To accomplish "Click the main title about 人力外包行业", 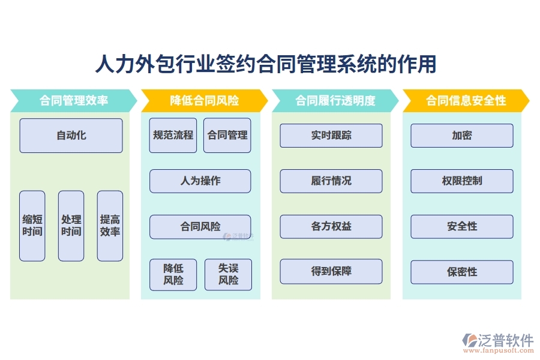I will [x=266, y=64].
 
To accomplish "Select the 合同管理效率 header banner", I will [x=73, y=101].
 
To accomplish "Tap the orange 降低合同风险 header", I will [x=204, y=101].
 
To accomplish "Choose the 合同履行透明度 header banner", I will [x=335, y=101].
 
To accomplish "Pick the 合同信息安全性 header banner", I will [x=466, y=101].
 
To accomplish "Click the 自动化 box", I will [x=71, y=136].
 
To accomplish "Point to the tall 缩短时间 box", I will [x=32, y=226].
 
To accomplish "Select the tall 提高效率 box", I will [x=110, y=226].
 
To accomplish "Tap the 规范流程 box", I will [x=173, y=136].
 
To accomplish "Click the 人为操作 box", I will [x=200, y=181].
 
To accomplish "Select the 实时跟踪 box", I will [x=331, y=136].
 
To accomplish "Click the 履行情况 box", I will [x=331, y=181].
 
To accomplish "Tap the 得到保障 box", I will [x=331, y=272].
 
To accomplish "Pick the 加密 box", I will [x=462, y=136].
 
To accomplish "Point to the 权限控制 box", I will [x=462, y=181].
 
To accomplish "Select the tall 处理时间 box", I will [x=71, y=226].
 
